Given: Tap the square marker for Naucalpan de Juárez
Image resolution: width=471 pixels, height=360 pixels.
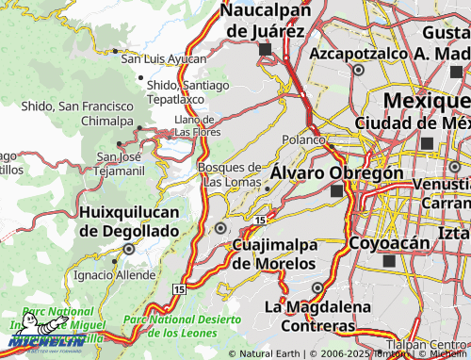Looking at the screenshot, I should pyautogui.click(x=265, y=49).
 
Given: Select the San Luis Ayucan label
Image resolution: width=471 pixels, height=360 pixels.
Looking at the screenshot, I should pyautogui.click(x=163, y=58).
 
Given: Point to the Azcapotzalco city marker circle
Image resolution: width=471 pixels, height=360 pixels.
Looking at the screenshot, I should pyautogui.click(x=359, y=69).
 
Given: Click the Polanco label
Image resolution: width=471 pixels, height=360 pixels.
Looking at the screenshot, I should pyautogui.click(x=302, y=139).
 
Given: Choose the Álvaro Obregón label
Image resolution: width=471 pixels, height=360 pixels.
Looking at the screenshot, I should pyautogui.click(x=336, y=173).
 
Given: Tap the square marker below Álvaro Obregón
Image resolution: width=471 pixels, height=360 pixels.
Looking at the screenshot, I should pyautogui.click(x=337, y=190).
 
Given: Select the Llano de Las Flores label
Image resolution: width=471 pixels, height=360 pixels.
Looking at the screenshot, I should pyautogui.click(x=196, y=125).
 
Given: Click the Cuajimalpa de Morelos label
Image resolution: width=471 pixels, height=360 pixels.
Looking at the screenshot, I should pyautogui.click(x=273, y=254).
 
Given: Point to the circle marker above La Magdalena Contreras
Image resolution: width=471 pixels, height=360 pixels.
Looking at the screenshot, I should pyautogui.click(x=317, y=287).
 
